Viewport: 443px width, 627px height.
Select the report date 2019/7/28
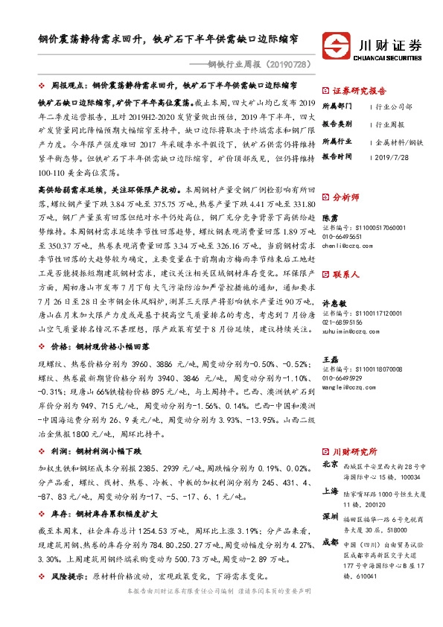pyautogui.click(x=395, y=157)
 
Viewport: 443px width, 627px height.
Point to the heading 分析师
pyautogui.click(x=346, y=198)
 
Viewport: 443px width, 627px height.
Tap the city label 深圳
pyautogui.click(x=331, y=517)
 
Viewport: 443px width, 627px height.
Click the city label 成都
pyautogui.click(x=331, y=544)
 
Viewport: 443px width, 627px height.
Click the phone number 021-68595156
pyautogui.click(x=348, y=302)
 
